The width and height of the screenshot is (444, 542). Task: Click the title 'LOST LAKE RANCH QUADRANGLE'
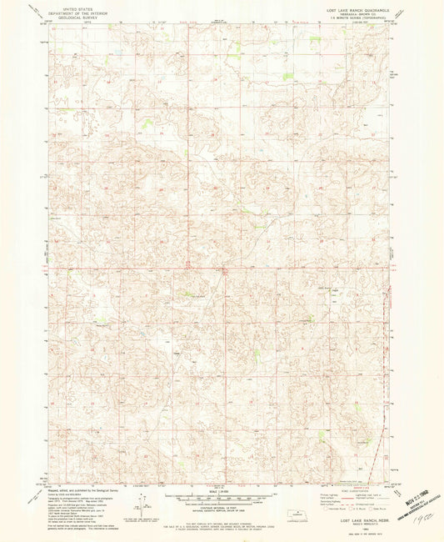pyautogui.click(x=352, y=8)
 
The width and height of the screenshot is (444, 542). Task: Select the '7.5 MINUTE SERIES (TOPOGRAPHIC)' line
pyautogui.click(x=352, y=16)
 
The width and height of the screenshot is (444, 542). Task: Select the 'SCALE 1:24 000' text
pyautogui.click(x=222, y=489)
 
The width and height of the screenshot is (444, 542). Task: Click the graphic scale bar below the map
pyautogui.click(x=222, y=498)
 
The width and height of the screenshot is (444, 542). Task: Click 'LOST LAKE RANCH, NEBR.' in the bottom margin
pyautogui.click(x=351, y=519)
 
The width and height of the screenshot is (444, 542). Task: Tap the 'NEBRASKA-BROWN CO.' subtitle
pyautogui.click(x=352, y=12)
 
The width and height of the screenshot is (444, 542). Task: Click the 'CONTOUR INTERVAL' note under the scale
pyautogui.click(x=222, y=509)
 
